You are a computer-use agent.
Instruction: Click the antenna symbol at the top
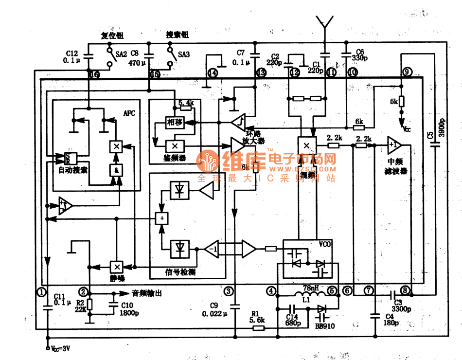(x=324, y=22)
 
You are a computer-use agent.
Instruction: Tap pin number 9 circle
(x=407, y=72)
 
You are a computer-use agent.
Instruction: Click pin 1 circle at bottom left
(x=42, y=291)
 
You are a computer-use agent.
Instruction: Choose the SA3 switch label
(x=183, y=54)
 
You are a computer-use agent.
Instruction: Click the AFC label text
(x=129, y=113)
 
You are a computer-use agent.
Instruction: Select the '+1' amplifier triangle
(x=394, y=144)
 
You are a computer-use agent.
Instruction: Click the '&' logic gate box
(x=116, y=170)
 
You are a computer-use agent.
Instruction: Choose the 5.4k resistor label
(x=186, y=103)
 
